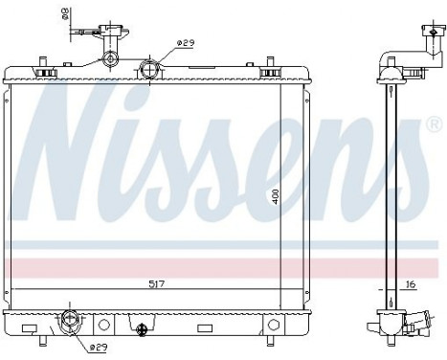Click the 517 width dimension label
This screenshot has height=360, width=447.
tap(155, 283)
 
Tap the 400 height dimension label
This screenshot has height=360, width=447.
tap(275, 196)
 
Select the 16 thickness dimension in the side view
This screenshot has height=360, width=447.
tap(409, 284)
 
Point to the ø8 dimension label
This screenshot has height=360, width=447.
tap(65, 14)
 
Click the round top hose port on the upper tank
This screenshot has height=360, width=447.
tap(150, 69)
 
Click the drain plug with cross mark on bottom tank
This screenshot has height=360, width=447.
tap(143, 330)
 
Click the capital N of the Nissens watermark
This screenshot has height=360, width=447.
tap(81, 144)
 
